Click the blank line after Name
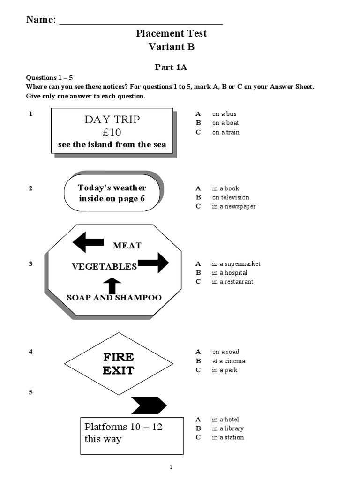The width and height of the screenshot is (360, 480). [x=141, y=22]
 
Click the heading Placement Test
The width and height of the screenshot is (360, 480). [x=171, y=33]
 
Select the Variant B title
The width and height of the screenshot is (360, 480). [x=171, y=46]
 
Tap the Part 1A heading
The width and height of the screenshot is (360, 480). [x=171, y=67]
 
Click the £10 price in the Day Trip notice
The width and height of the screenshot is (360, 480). [x=112, y=132]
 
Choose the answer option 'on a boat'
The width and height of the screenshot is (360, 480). [x=225, y=123]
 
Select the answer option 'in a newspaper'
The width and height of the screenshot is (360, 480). [x=233, y=206]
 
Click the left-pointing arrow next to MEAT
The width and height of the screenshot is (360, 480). [x=89, y=242]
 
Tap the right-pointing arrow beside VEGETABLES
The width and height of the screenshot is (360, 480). [x=153, y=262]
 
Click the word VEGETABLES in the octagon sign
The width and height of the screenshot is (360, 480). [x=104, y=267]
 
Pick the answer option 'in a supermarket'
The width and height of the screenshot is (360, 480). [x=236, y=263]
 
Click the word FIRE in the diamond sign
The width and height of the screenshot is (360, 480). [x=118, y=357]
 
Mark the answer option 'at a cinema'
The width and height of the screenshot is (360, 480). [x=228, y=361]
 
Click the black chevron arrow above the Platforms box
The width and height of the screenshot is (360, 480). [x=149, y=405]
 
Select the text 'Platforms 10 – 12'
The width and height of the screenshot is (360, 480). [x=124, y=427]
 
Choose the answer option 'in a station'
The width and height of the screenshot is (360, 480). [x=228, y=437]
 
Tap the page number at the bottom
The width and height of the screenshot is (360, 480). [x=171, y=467]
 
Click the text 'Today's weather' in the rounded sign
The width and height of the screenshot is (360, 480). [x=112, y=187]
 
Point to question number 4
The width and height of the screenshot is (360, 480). [x=30, y=352]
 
